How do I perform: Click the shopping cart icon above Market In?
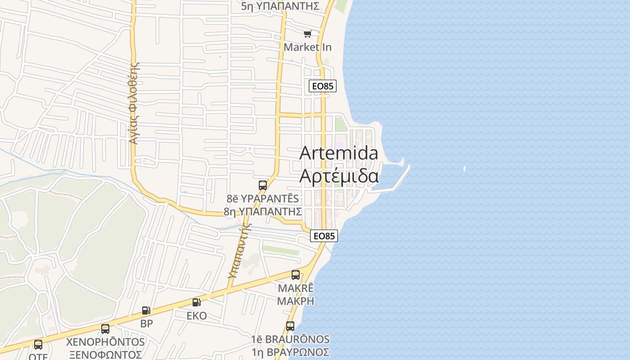click(x=308, y=34)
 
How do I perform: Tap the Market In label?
click(x=308, y=47)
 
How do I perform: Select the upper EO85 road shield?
click(x=323, y=86)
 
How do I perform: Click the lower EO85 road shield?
click(x=324, y=235)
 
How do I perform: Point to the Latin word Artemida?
click(x=339, y=153)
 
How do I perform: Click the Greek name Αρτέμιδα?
click(x=339, y=176)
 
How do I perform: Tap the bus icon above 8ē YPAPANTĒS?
click(x=263, y=185)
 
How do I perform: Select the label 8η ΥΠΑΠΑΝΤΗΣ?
click(x=262, y=211)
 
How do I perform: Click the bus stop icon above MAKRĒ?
click(x=296, y=274)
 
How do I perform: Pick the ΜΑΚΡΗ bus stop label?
click(x=296, y=301)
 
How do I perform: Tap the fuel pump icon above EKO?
click(x=196, y=302)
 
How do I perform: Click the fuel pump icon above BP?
click(x=146, y=310)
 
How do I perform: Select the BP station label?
click(x=147, y=323)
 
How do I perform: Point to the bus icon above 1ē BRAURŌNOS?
click(x=290, y=326)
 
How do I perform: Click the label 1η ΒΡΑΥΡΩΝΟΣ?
click(x=290, y=352)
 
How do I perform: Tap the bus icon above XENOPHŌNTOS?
click(x=105, y=328)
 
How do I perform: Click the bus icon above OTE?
click(x=38, y=345)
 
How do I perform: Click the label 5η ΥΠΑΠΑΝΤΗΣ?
click(x=280, y=6)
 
